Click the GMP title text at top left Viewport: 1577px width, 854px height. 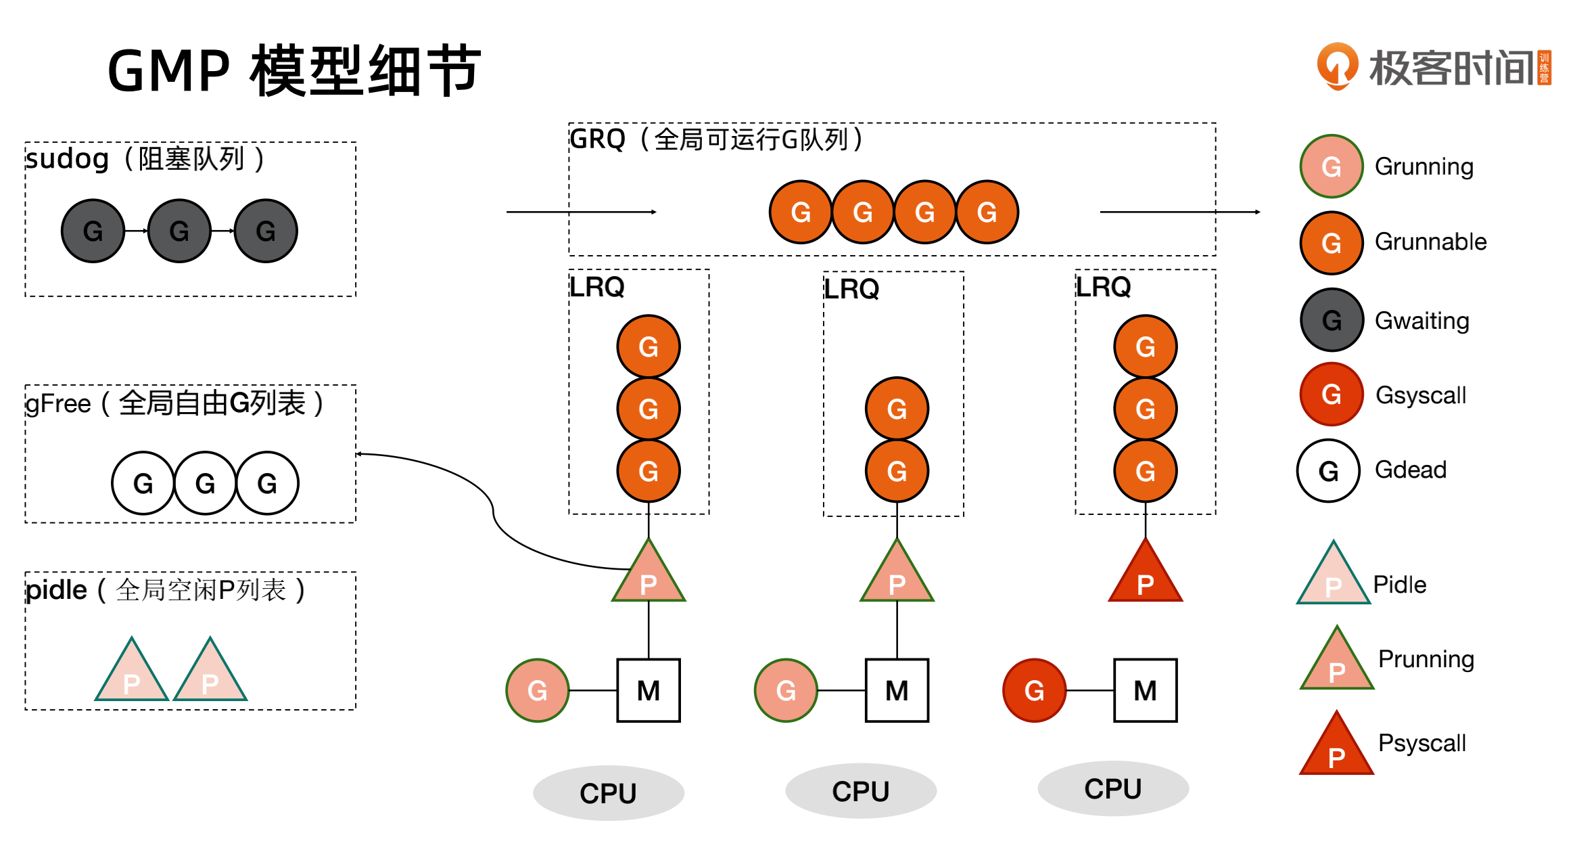[293, 70]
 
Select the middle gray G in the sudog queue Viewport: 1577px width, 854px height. [179, 231]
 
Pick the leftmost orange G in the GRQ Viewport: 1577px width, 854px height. [801, 212]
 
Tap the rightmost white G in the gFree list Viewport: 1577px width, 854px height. [267, 483]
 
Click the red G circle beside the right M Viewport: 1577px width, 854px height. [1034, 690]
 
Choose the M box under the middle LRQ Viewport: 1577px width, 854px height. [897, 690]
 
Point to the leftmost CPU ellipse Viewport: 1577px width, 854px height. [608, 792]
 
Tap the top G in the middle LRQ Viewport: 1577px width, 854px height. [897, 409]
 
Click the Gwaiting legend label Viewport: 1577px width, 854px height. [1421, 321]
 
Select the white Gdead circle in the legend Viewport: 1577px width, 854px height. [1328, 471]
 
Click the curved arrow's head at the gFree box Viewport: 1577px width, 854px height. [359, 454]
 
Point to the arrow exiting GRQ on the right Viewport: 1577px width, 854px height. [1180, 212]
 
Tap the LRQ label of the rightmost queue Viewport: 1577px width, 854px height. [1103, 287]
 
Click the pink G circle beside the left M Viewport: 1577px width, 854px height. [537, 690]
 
